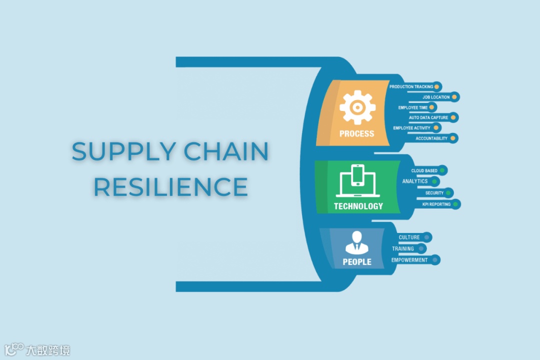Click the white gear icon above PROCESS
click(356, 107)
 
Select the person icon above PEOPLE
click(357, 241)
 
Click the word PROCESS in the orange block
click(356, 133)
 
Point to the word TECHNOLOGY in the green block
click(358, 206)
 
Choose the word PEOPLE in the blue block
click(357, 261)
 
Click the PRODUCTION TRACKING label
click(411, 87)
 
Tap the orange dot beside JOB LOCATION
click(454, 97)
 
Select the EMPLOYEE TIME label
click(413, 107)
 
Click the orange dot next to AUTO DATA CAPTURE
click(453, 118)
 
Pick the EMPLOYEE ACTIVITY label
click(411, 128)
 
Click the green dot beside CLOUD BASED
click(442, 171)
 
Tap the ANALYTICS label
click(415, 181)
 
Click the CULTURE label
click(409, 237)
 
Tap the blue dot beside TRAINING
click(421, 248)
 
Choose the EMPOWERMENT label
click(409, 260)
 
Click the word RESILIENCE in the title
click(170, 186)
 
